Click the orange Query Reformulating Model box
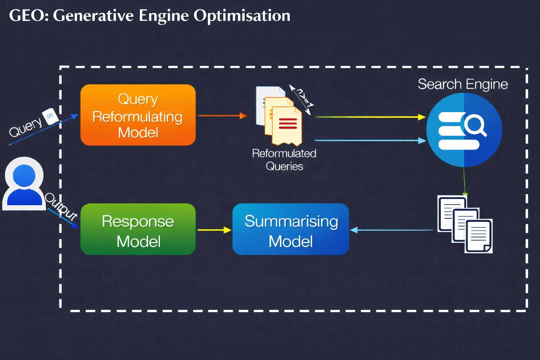coord(138,115)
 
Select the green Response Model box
coord(138,229)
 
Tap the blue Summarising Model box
coord(291,229)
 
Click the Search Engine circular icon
coord(464,130)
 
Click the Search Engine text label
coord(463,84)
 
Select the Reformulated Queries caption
coord(284,160)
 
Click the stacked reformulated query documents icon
coord(279,116)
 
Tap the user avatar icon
coord(24,184)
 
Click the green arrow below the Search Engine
coord(464,181)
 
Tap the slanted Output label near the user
coord(60,206)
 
